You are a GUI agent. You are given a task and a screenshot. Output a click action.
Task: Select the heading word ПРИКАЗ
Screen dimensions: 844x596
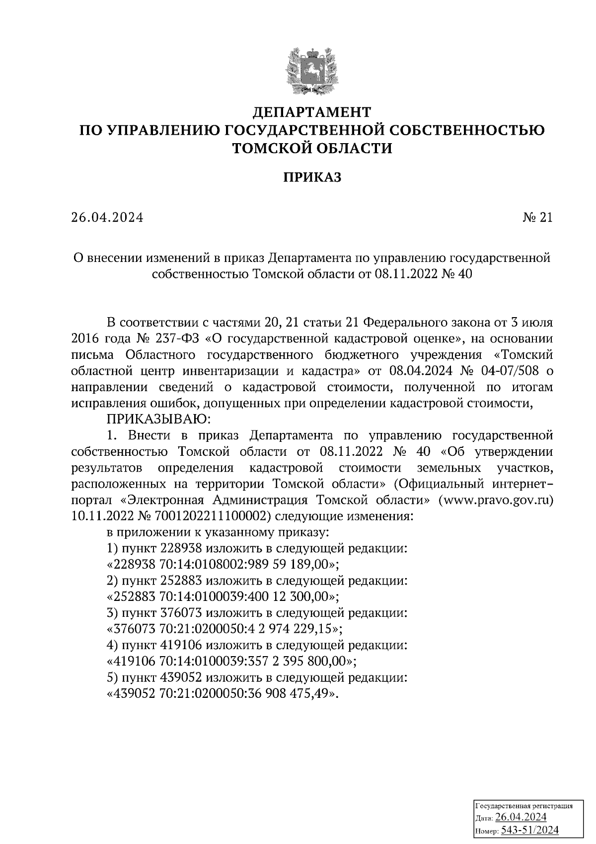(x=312, y=177)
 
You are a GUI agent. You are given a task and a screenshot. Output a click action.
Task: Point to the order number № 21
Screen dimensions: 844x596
(x=537, y=218)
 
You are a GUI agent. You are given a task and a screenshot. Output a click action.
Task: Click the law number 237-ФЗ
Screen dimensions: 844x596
(x=172, y=338)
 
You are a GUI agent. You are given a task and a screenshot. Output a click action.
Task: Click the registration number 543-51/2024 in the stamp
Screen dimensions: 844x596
(x=529, y=831)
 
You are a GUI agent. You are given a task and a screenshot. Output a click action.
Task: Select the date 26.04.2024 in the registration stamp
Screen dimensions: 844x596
(x=521, y=818)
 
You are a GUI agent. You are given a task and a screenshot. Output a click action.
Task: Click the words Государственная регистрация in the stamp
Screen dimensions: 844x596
(x=524, y=806)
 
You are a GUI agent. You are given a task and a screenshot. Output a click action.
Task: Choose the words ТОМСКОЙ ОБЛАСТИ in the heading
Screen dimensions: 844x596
(x=312, y=148)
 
